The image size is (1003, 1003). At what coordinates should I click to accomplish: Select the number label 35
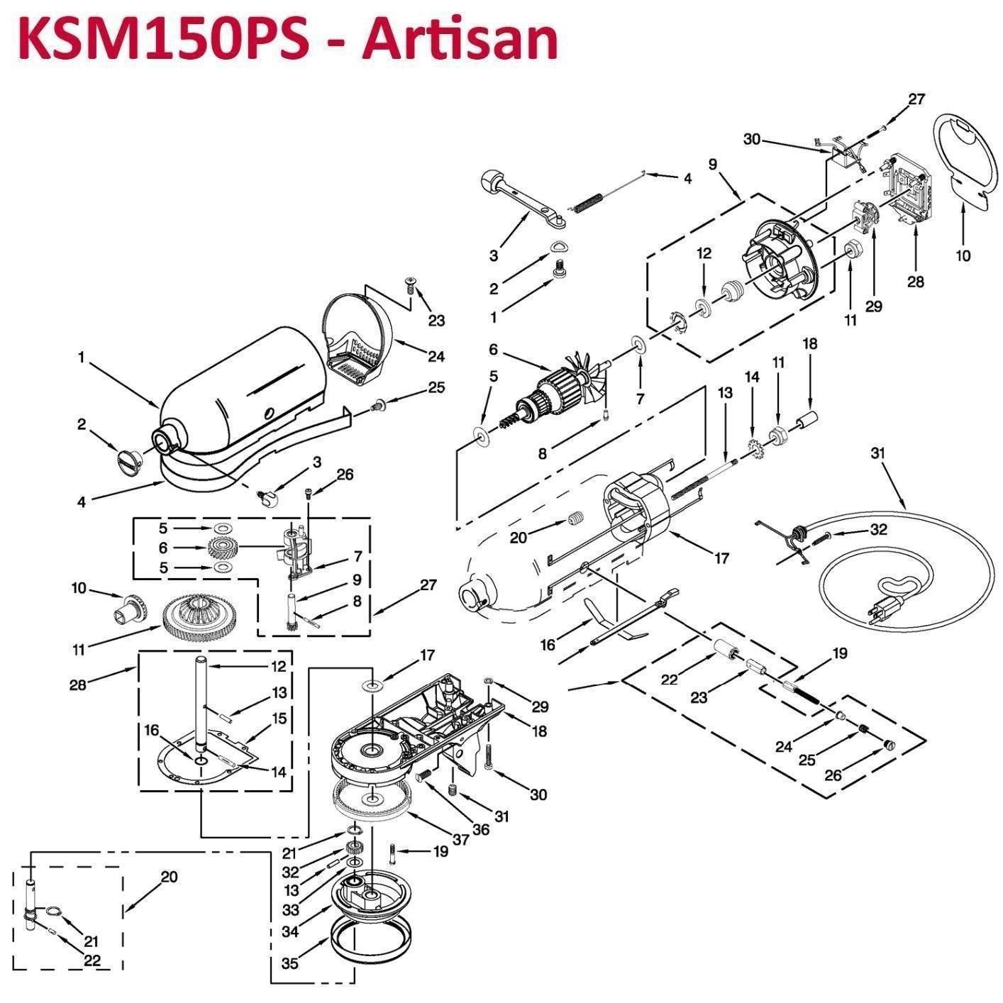click(x=290, y=963)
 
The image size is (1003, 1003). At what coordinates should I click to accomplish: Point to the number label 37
click(x=461, y=839)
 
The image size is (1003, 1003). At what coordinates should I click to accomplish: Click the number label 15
click(x=279, y=718)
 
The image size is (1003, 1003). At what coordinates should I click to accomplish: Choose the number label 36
click(x=481, y=829)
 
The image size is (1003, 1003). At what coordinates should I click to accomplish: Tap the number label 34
click(x=290, y=931)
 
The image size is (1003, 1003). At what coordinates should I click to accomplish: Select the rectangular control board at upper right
click(x=909, y=188)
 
